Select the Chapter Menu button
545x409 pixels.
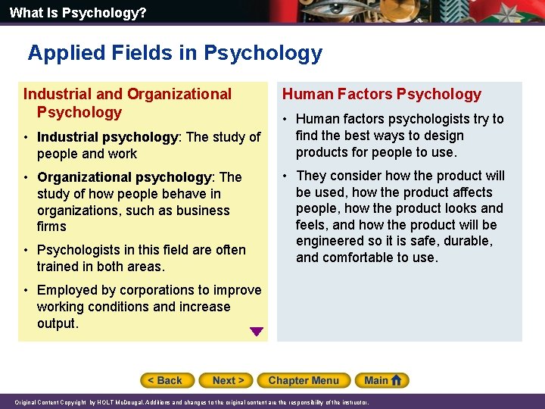(303, 380)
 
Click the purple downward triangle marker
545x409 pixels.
(257, 331)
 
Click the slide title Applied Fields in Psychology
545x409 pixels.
(175, 53)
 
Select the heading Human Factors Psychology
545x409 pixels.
(381, 94)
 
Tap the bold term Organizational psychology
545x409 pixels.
(124, 177)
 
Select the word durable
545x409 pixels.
(469, 241)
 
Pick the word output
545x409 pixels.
(57, 323)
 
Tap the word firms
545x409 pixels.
(51, 226)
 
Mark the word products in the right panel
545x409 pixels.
(324, 152)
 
